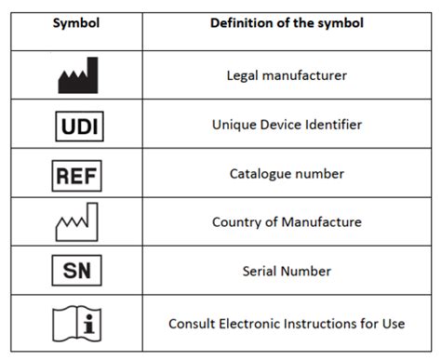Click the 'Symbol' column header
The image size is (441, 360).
[x=77, y=21]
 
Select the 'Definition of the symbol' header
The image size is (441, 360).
[x=287, y=21]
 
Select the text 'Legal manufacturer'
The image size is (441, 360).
[x=287, y=75]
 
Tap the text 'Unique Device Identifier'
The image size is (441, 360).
[x=287, y=124]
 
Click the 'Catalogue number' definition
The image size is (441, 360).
[x=287, y=173]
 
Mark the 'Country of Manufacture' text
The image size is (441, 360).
[x=287, y=222]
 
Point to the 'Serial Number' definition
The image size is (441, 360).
[x=287, y=272]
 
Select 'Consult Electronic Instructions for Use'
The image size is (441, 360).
[x=287, y=324]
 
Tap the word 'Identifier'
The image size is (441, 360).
[x=333, y=124]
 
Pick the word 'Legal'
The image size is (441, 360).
[x=244, y=75]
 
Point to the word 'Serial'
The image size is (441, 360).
[x=264, y=272]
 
